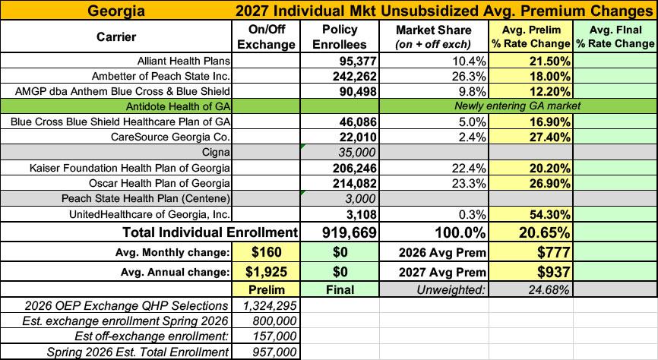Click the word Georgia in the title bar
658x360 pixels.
coord(115,11)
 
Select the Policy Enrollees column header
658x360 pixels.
coord(340,37)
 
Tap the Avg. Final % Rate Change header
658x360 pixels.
coord(615,37)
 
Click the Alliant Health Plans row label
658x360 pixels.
coord(184,61)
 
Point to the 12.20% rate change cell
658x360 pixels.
coord(549,91)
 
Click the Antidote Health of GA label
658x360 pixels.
coord(178,106)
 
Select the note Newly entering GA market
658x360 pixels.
coord(517,106)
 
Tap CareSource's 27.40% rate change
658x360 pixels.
coord(549,137)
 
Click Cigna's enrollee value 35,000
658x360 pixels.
coord(359,153)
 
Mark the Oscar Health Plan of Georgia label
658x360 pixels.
coord(160,183)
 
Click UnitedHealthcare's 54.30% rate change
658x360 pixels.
coord(549,214)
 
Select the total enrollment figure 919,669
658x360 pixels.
coord(350,232)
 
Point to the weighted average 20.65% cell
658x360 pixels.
coord(544,232)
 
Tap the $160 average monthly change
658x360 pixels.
coord(267,252)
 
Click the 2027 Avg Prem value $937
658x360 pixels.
coord(554,272)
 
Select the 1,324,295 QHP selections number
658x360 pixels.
coord(270,305)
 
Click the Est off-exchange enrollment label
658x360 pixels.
coord(151,336)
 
